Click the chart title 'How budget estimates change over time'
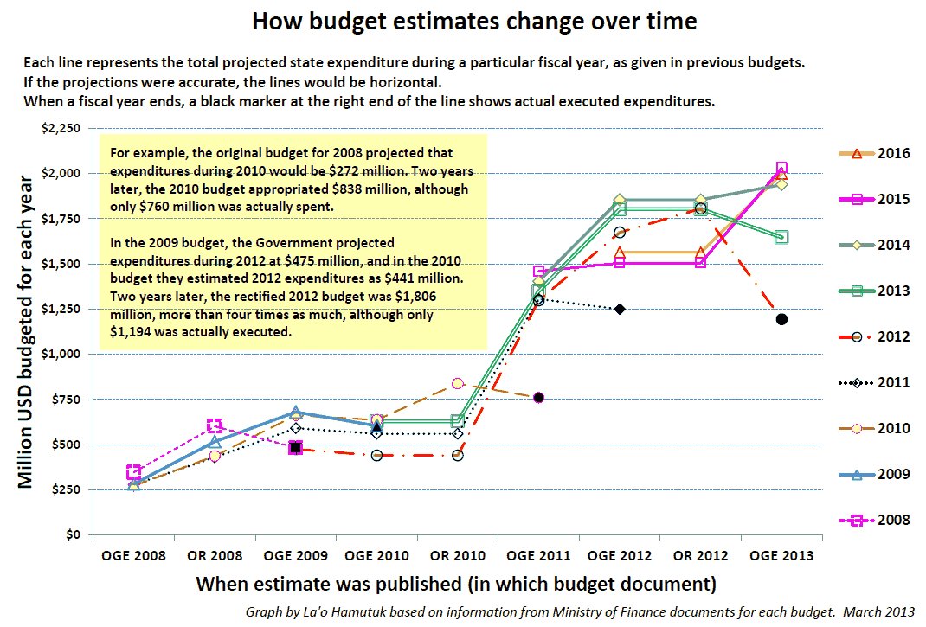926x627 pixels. pyautogui.click(x=474, y=21)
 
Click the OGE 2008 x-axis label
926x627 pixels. pyautogui.click(x=134, y=556)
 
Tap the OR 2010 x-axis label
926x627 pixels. pyautogui.click(x=457, y=556)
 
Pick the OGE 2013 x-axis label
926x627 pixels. pyautogui.click(x=781, y=556)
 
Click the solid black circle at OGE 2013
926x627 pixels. pyautogui.click(x=781, y=319)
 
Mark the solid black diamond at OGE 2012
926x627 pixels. pyautogui.click(x=620, y=309)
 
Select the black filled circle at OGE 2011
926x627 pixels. pyautogui.click(x=538, y=398)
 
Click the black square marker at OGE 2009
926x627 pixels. pyautogui.click(x=296, y=448)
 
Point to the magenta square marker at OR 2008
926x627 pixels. pyautogui.click(x=215, y=425)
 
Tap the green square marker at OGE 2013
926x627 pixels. pyautogui.click(x=781, y=237)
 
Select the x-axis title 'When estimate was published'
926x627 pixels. pyautogui.click(x=456, y=584)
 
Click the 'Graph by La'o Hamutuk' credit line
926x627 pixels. pyautogui.click(x=579, y=611)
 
